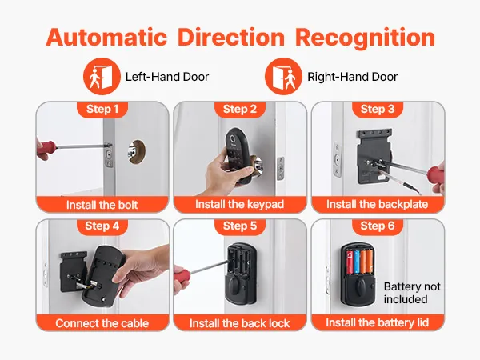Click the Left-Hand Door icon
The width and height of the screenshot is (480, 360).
(102, 76)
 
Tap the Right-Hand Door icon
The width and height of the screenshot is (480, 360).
(283, 76)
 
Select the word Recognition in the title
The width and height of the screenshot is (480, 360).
(365, 38)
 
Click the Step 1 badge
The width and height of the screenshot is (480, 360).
(102, 109)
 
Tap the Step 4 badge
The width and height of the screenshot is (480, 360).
(102, 226)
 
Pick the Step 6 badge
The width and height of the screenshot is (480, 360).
(378, 226)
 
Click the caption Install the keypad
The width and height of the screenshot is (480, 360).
(240, 204)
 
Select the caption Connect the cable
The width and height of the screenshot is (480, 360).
(102, 323)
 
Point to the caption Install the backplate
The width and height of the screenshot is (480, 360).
(377, 204)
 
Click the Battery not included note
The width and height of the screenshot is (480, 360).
(412, 293)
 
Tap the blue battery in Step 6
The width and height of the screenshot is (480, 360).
(356, 262)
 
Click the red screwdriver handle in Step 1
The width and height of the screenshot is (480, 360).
(46, 149)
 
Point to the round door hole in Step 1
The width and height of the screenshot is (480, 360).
(137, 151)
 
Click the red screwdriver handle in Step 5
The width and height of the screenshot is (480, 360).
(182, 278)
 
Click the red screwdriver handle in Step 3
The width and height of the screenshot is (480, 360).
(434, 175)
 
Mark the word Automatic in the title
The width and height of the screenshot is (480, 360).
(106, 38)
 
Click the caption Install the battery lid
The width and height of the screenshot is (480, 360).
(377, 322)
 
